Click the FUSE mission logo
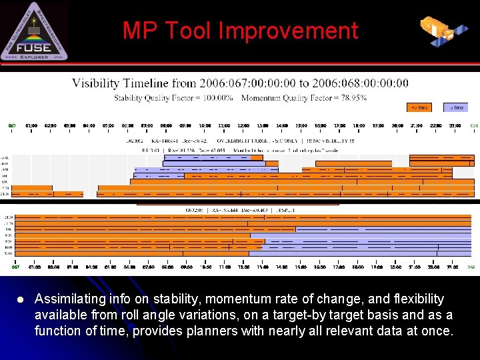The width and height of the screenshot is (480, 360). (34, 31)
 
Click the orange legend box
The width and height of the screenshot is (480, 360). (419, 107)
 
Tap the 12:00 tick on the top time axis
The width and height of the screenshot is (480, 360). (243, 125)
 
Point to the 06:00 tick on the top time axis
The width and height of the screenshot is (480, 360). (127, 125)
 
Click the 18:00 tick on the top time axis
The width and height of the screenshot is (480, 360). (359, 125)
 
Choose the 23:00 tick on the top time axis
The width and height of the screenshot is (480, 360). (455, 125)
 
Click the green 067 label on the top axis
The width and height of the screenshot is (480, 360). (12, 125)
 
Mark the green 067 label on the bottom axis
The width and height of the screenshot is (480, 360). (15, 267)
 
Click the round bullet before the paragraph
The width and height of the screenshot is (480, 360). (20, 299)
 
